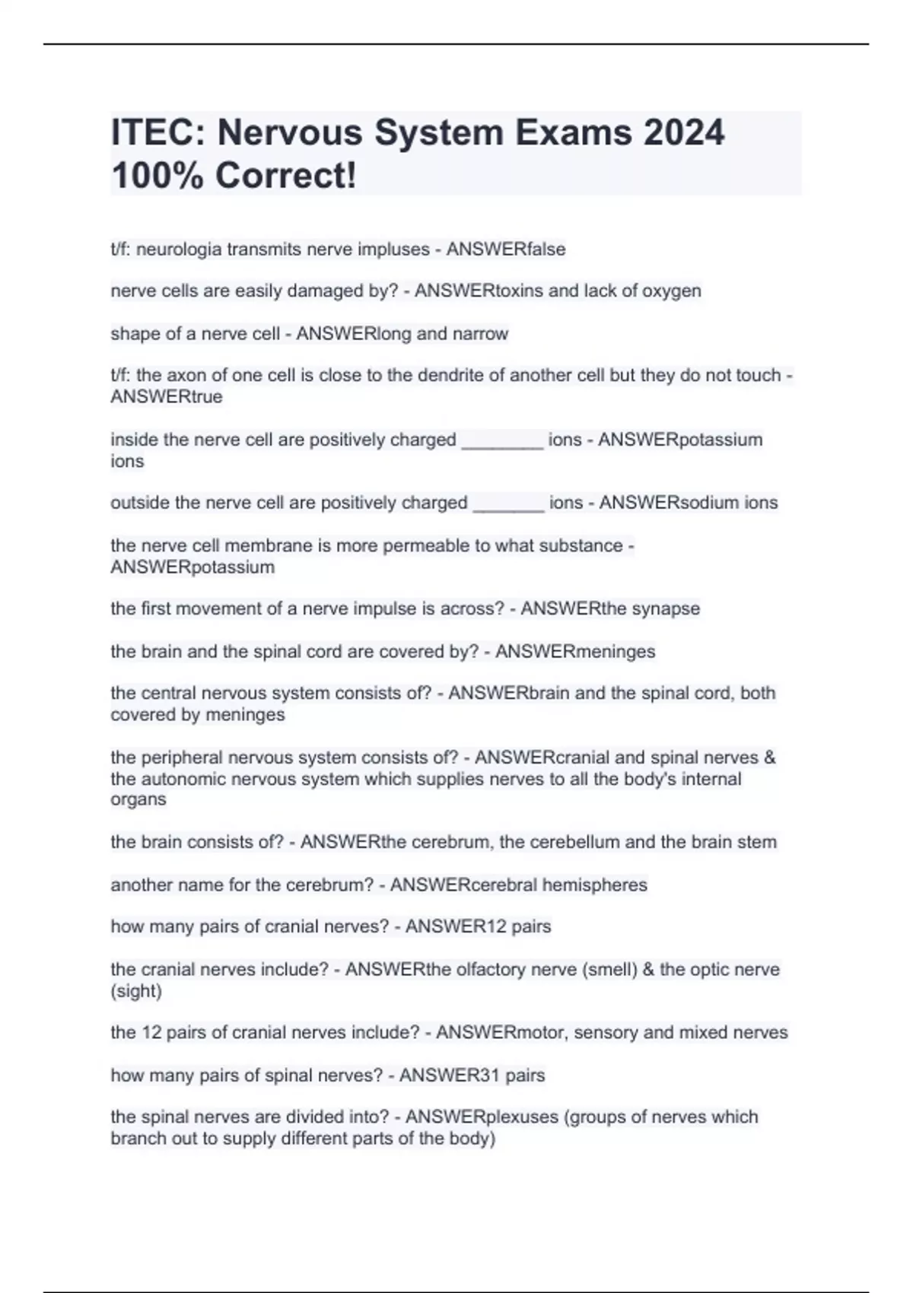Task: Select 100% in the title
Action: coord(157,176)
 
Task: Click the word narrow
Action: coord(480,334)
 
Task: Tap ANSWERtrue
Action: coord(167,397)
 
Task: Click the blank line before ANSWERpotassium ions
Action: coord(502,441)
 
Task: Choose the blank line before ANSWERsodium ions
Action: coord(508,504)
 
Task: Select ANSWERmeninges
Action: coord(575,652)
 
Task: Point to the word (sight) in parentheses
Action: coord(136,991)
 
